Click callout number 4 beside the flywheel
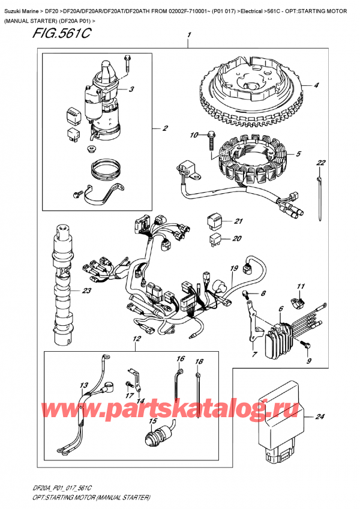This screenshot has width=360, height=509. tap(316, 85)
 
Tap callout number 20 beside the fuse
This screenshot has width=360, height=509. tap(236, 238)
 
